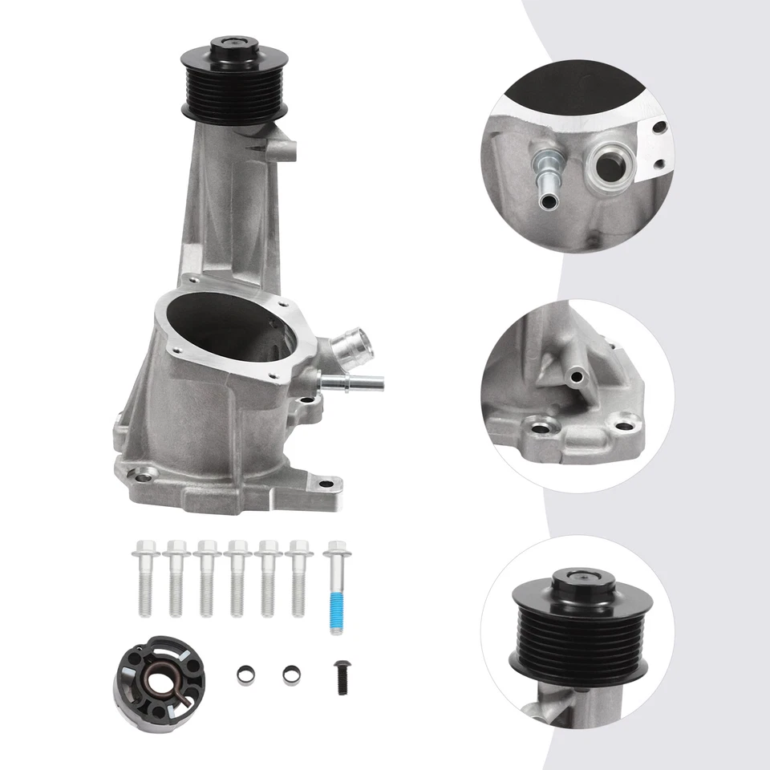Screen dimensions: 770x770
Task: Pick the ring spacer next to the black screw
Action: point(290,675)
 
